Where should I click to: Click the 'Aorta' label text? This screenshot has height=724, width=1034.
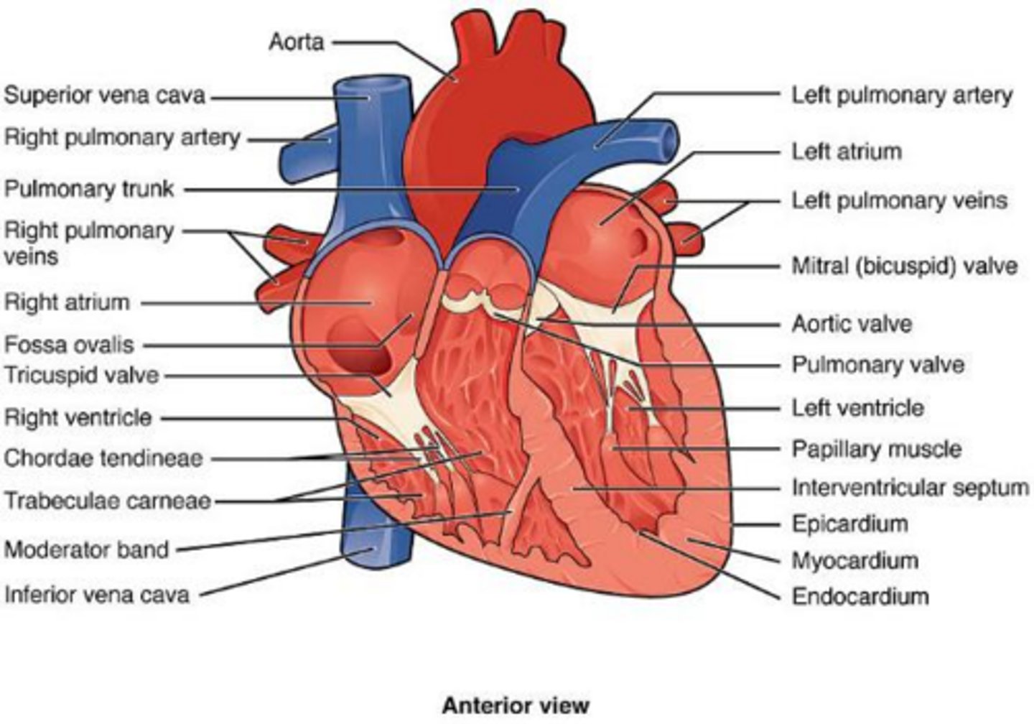tap(296, 42)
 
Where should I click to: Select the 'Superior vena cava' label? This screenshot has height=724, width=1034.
tap(105, 96)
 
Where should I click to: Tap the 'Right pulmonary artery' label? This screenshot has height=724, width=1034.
tap(122, 138)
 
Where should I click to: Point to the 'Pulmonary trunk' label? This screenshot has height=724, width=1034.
tap(89, 190)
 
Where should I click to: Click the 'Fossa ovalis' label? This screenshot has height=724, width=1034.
tap(69, 345)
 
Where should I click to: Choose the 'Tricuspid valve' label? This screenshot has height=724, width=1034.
tap(81, 376)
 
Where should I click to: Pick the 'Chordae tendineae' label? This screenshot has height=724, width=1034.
tap(103, 458)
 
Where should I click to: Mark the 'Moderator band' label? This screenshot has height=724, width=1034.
tap(86, 550)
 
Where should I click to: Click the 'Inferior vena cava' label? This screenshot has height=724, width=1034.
tap(97, 595)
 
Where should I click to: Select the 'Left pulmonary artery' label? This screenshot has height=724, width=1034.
tap(902, 95)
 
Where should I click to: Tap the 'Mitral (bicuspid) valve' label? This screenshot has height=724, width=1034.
tap(904, 266)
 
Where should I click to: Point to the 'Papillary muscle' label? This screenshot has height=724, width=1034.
tap(876, 450)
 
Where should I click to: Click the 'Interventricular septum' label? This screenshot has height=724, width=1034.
tap(910, 488)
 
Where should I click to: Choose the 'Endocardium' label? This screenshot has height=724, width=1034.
tap(860, 596)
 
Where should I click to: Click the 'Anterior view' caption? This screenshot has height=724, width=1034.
tap(516, 705)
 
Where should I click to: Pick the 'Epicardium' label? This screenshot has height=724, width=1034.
tap(849, 524)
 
